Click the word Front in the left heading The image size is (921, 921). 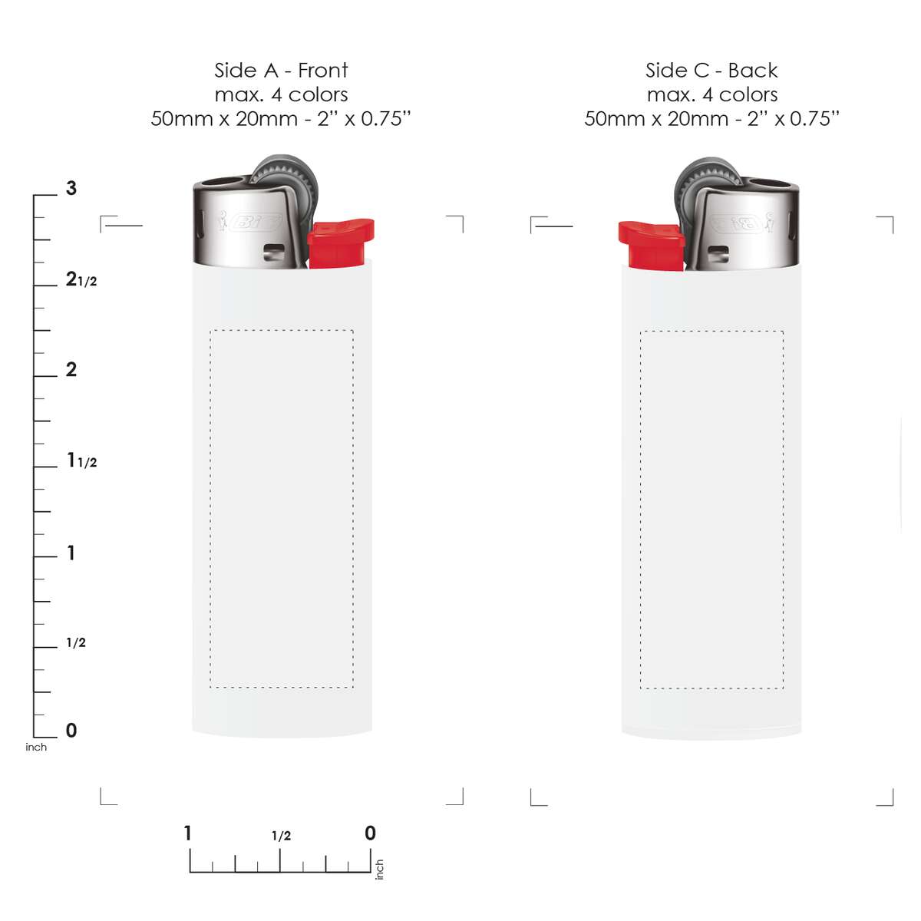tap(322, 71)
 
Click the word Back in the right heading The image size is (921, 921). tap(753, 71)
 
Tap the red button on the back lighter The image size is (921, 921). tap(652, 246)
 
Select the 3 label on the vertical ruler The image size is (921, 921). tap(71, 188)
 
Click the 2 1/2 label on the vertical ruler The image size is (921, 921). tap(81, 279)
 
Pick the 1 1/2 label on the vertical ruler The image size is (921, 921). tap(82, 460)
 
